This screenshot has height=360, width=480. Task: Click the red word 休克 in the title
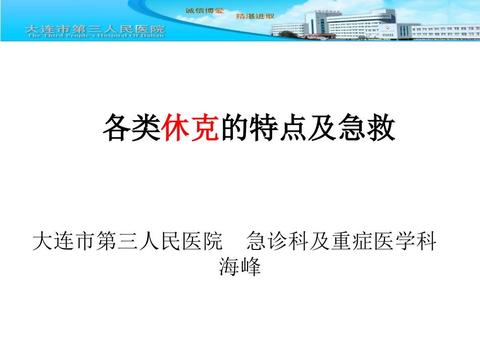point(191,128)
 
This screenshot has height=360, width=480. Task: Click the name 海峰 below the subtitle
point(240,266)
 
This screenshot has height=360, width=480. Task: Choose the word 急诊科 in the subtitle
point(278,241)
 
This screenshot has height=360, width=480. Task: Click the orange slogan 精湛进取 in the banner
point(255,16)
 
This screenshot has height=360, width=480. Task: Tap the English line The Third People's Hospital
point(94,36)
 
